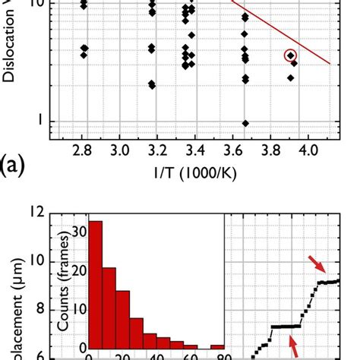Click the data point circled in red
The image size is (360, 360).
[290, 55]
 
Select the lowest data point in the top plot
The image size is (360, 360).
[245, 123]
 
